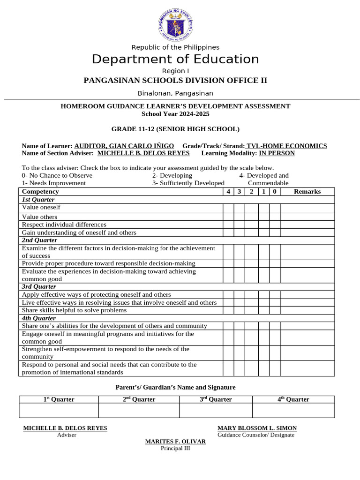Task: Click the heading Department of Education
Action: [x=175, y=59]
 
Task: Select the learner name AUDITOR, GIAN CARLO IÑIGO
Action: [x=124, y=146]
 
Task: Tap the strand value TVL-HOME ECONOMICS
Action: [x=286, y=146]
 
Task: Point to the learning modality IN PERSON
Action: [x=277, y=153]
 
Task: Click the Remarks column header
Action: [x=307, y=191]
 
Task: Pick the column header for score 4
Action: [x=228, y=191]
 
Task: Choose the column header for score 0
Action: [x=275, y=191]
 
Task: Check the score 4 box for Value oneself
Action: [x=228, y=208]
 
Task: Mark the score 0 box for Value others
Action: [x=275, y=217]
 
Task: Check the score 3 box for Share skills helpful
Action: [x=240, y=310]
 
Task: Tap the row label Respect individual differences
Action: [x=64, y=225]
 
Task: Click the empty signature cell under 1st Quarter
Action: [x=59, y=410]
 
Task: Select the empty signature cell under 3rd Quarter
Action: [x=216, y=410]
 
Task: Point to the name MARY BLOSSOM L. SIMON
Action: [x=257, y=428]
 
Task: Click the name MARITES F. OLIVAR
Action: [x=175, y=442]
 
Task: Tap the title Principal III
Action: [x=175, y=448]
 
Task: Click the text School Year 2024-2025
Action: [x=175, y=114]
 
